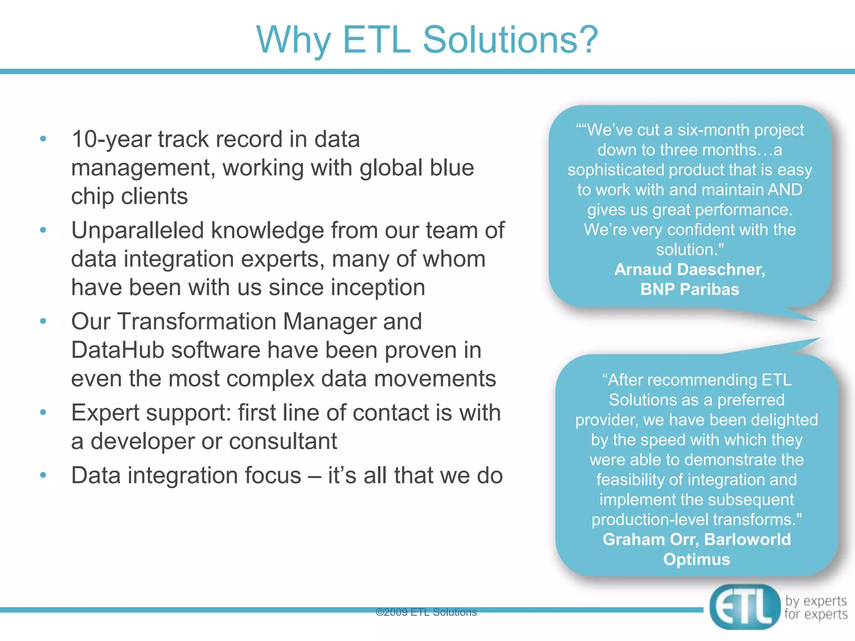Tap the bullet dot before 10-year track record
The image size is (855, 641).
point(43,139)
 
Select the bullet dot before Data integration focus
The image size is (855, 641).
point(43,475)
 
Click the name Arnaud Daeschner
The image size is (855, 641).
point(690,270)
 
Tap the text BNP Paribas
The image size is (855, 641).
point(690,290)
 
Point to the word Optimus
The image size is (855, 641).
point(696,560)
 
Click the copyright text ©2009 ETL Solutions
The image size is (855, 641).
point(426,612)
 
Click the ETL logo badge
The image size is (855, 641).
point(744,607)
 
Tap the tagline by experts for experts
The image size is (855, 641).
point(815,608)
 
